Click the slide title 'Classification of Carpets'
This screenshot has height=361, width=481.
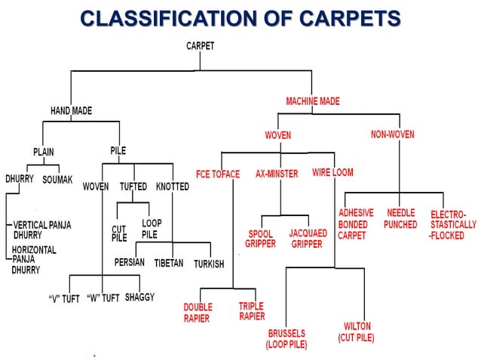[x=240, y=17]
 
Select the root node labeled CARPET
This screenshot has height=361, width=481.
[x=200, y=46]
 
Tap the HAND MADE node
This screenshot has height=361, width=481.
[x=71, y=111]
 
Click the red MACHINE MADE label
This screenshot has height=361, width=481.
[x=313, y=101]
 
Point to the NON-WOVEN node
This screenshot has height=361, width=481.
[x=392, y=134]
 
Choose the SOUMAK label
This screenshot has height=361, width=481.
[x=57, y=180]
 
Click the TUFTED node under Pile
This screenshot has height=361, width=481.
[x=133, y=187]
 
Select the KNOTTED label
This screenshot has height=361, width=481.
[x=173, y=187]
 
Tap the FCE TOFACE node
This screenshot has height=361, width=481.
[x=218, y=174]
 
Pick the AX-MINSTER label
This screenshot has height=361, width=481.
[x=277, y=174]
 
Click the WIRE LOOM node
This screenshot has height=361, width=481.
[x=332, y=172]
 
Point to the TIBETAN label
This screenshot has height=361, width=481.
[x=169, y=264]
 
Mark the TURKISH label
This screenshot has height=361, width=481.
[x=209, y=264]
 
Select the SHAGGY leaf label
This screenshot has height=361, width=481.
[x=139, y=297]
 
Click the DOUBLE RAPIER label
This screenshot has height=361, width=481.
[x=198, y=312]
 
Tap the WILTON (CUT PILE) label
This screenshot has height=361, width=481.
[x=356, y=332]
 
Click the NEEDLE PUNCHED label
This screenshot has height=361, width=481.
[x=400, y=219]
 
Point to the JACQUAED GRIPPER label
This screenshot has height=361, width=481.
[x=308, y=239]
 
